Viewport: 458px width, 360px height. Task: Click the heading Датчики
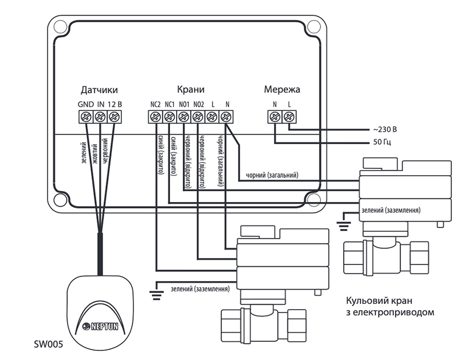coord(99,90)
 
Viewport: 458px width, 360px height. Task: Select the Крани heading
coord(191,89)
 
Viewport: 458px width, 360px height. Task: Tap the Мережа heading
coord(282,89)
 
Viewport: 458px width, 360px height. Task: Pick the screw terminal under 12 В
coord(114,117)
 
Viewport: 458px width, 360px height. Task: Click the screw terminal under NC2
coord(155,117)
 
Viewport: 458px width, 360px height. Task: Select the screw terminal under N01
coord(184,117)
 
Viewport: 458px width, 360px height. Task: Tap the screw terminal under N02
coord(198,117)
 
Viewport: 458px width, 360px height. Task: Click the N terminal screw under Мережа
coord(275,117)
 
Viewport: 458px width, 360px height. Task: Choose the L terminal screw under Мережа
coord(289,117)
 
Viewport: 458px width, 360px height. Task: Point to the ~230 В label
coord(385,129)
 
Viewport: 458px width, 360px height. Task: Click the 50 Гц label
coord(382,142)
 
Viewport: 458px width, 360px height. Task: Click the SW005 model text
coord(49,345)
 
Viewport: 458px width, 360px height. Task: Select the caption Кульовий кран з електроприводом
coord(390,306)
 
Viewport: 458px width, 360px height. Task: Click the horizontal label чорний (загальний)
coord(273,175)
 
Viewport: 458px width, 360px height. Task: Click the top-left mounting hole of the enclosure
coord(60,26)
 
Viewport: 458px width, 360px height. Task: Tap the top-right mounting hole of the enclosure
coord(314,26)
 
